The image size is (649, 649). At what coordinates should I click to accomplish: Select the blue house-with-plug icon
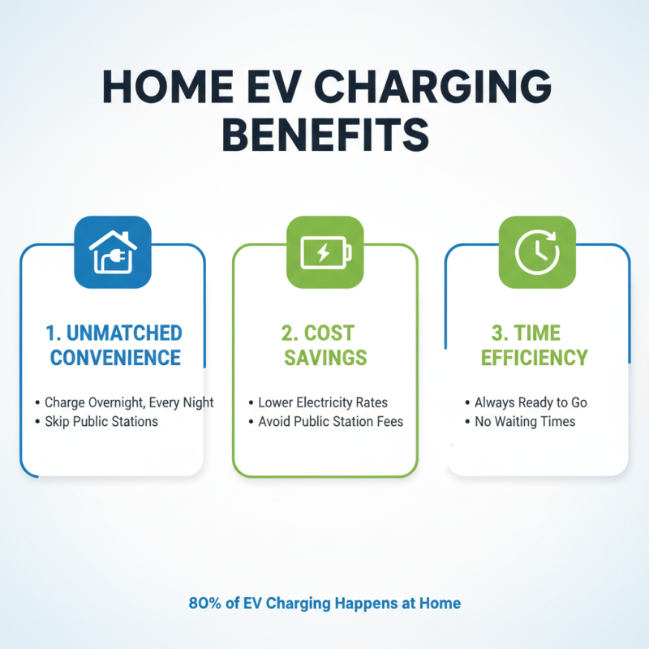click(112, 251)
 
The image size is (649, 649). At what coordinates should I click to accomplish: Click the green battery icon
click(325, 251)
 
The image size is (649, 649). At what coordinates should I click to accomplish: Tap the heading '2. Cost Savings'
click(325, 345)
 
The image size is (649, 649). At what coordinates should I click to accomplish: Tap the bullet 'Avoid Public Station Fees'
click(330, 421)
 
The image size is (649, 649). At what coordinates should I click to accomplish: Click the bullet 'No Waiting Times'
click(525, 421)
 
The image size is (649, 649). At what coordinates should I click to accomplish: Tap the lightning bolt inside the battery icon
click(323, 252)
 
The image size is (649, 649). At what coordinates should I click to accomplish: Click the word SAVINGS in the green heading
click(325, 358)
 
